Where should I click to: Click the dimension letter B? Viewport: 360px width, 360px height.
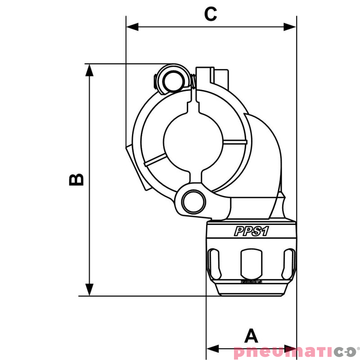(x=76, y=179)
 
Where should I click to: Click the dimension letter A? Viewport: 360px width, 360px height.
(x=251, y=336)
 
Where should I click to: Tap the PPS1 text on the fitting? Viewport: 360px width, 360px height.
(x=251, y=231)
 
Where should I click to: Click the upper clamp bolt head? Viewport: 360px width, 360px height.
(x=171, y=81)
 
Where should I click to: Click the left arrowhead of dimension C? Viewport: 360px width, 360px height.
(x=132, y=27)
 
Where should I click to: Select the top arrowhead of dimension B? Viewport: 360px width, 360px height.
(x=90, y=69)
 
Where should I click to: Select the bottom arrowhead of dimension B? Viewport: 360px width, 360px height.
(x=90, y=290)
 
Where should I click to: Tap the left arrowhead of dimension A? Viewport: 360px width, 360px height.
(x=211, y=349)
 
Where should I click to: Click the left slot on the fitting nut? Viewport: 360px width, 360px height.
(x=213, y=265)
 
